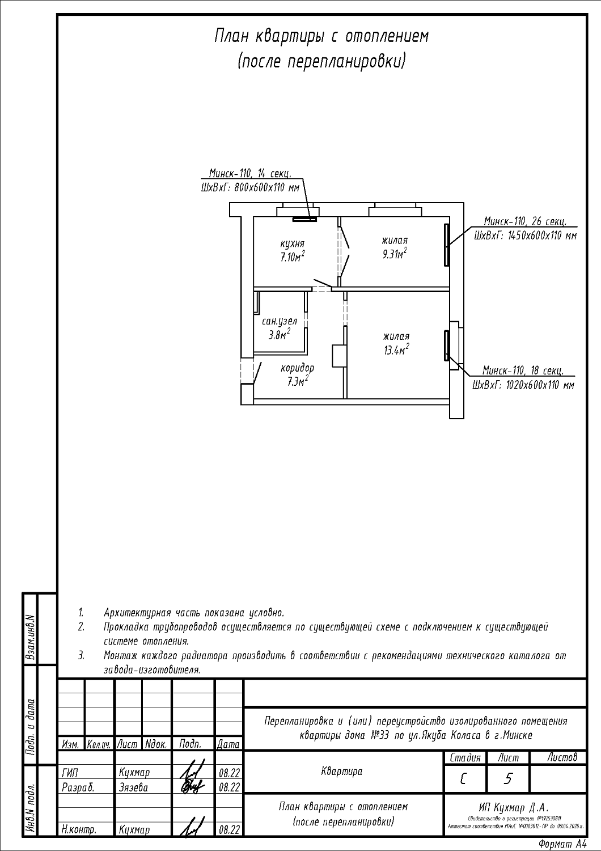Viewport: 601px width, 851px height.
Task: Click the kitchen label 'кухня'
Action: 292,243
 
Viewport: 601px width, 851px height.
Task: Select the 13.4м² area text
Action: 396,350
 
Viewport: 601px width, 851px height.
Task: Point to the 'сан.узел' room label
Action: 279,321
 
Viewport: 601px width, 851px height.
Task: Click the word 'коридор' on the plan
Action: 297,368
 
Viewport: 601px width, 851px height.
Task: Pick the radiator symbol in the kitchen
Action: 304,218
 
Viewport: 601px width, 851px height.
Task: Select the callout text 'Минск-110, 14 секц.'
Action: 250,174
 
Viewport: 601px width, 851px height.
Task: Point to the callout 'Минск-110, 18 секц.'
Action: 522,371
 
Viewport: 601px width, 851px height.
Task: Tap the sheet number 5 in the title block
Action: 507,779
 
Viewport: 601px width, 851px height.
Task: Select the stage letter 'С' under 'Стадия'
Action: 464,779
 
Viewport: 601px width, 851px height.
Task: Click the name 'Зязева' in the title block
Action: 134,787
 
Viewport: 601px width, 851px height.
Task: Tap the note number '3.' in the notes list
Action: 82,655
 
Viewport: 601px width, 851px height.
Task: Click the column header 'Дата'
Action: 228,744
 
